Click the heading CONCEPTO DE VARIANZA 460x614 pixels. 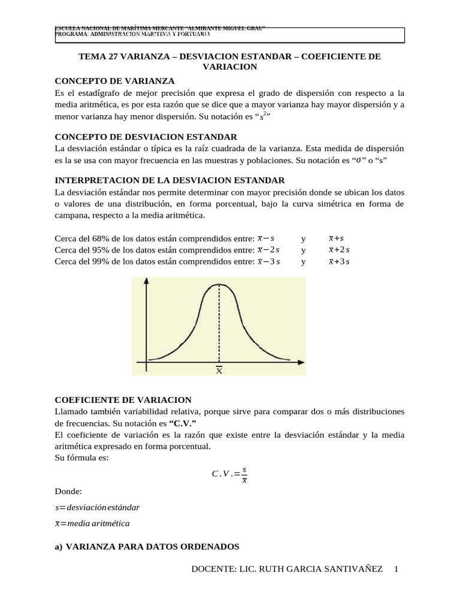click(x=114, y=81)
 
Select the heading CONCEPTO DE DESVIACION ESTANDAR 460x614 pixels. click(x=146, y=137)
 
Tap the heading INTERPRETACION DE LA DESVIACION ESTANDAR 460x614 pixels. click(x=170, y=180)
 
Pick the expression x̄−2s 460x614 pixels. click(x=268, y=250)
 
